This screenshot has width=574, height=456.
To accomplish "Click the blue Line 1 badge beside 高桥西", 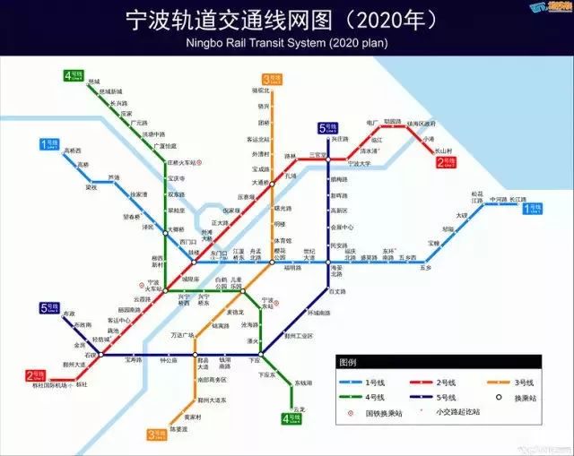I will click(48, 143).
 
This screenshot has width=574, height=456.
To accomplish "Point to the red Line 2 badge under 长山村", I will click(444, 163).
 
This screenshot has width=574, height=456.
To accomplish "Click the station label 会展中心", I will click(341, 228).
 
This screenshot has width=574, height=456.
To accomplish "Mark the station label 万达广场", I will click(182, 335).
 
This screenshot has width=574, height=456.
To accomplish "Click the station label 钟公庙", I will click(169, 360).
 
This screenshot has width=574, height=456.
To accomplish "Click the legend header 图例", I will click(348, 364).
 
